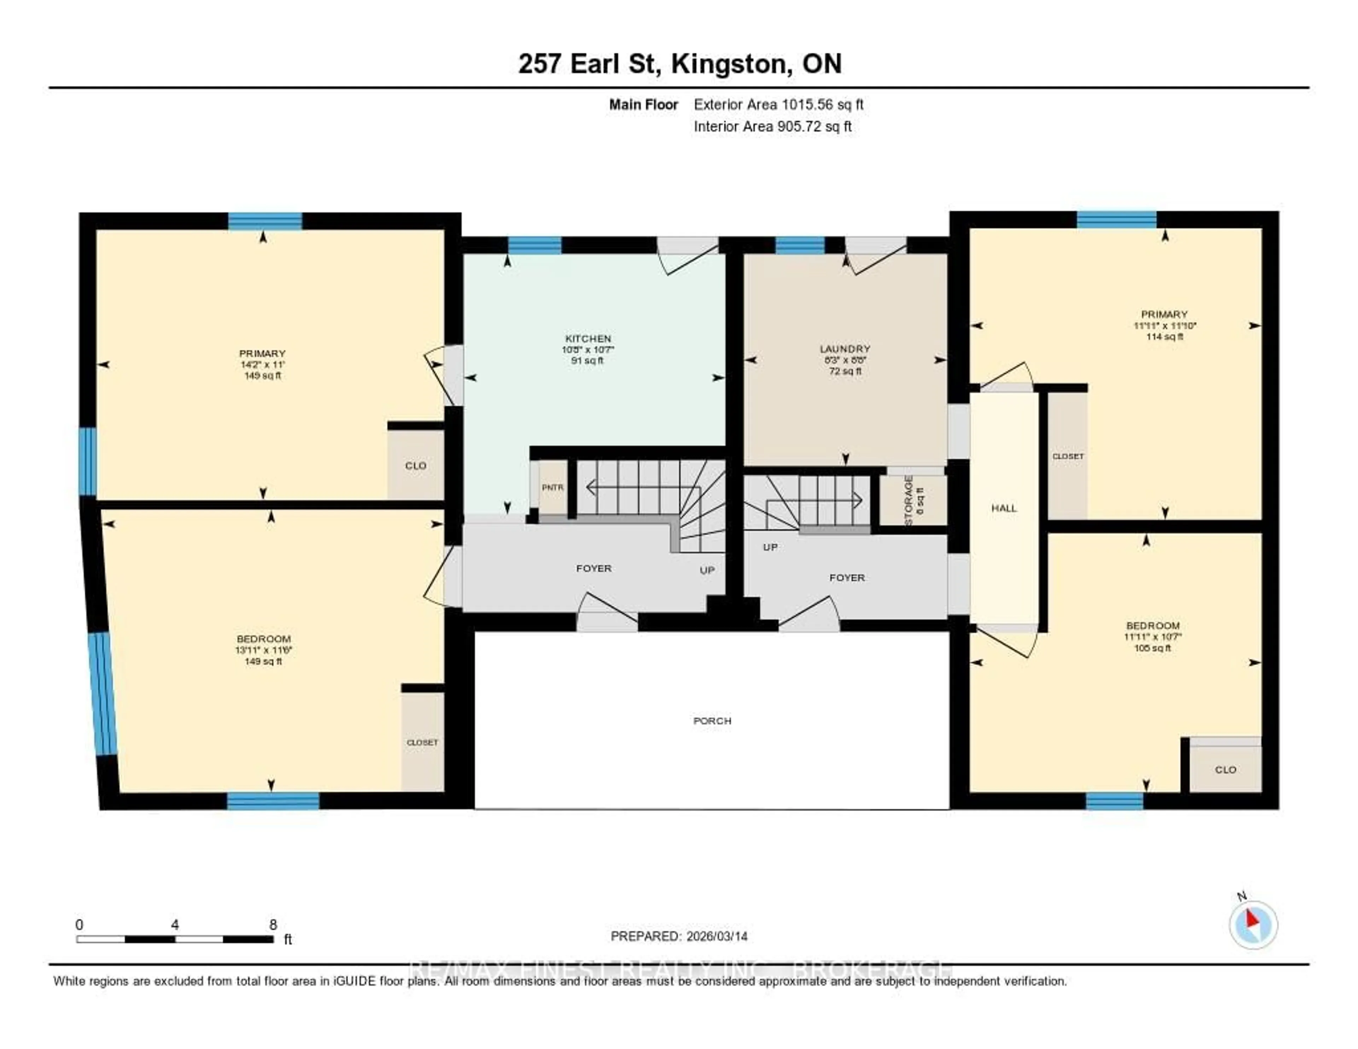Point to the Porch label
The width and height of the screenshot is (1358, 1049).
(712, 721)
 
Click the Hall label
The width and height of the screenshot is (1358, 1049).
(1004, 508)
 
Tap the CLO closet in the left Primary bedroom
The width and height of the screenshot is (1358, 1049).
(416, 465)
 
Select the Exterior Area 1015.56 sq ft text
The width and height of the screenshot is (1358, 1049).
(778, 104)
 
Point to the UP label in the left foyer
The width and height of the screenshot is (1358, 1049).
(707, 570)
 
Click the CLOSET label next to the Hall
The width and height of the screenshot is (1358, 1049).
(1068, 456)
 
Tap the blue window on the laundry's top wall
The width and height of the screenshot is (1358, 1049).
(800, 245)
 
